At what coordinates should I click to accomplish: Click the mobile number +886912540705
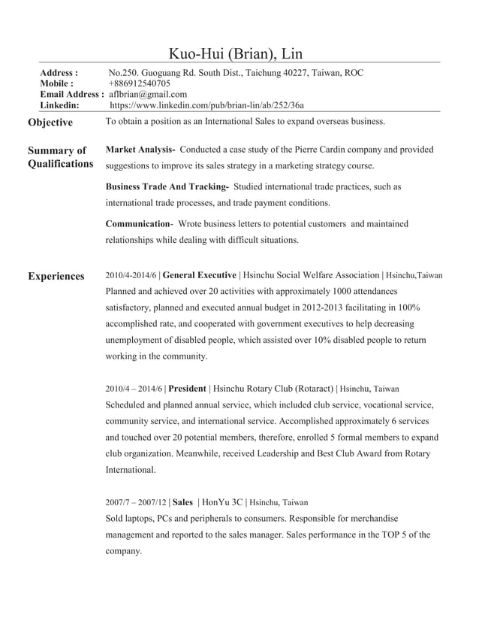coord(140,83)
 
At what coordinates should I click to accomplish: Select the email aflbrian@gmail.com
coord(148,94)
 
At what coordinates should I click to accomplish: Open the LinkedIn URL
coord(207,105)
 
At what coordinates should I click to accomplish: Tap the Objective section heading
coord(50,123)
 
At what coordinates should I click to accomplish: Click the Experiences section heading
coord(56,277)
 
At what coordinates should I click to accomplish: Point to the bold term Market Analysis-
coord(140,150)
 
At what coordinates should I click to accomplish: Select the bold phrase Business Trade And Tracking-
coord(167,186)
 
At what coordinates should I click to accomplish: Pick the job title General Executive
coord(200,276)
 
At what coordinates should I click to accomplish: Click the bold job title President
coord(188,389)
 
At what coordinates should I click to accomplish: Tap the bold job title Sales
coord(182,501)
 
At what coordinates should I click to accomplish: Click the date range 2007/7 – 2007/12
coord(136,501)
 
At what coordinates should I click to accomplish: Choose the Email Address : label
coord(71,94)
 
